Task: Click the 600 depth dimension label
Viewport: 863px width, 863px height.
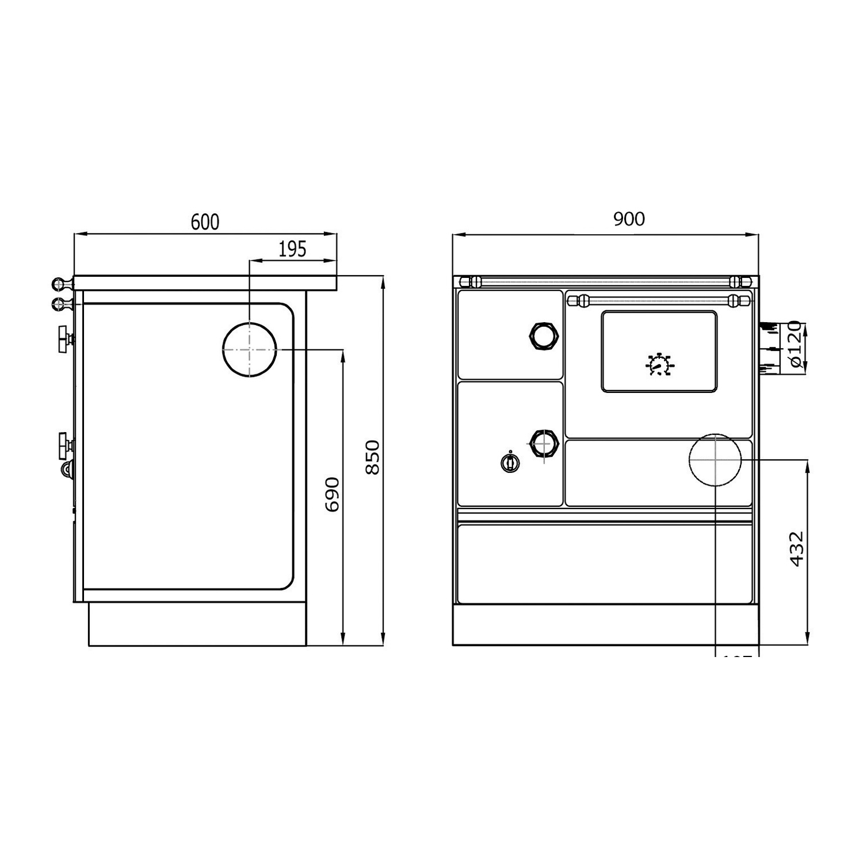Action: [x=205, y=222]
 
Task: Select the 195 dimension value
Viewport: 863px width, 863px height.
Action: [x=292, y=250]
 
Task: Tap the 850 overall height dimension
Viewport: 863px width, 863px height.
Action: [x=373, y=457]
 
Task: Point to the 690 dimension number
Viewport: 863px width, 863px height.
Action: [x=333, y=494]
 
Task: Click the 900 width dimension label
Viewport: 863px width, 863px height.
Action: [x=629, y=219]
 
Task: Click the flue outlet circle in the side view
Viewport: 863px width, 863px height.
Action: [x=249, y=349]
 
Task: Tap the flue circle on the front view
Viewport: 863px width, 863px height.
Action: [x=715, y=460]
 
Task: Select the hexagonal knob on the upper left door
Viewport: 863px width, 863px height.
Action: [x=543, y=335]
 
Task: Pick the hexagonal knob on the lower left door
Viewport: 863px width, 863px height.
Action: [x=543, y=444]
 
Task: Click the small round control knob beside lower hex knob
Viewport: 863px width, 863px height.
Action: [x=510, y=462]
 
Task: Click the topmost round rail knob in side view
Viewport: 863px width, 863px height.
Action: [x=59, y=284]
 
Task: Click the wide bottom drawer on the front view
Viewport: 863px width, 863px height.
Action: [x=604, y=563]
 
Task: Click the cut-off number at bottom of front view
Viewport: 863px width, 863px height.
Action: [x=736, y=656]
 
